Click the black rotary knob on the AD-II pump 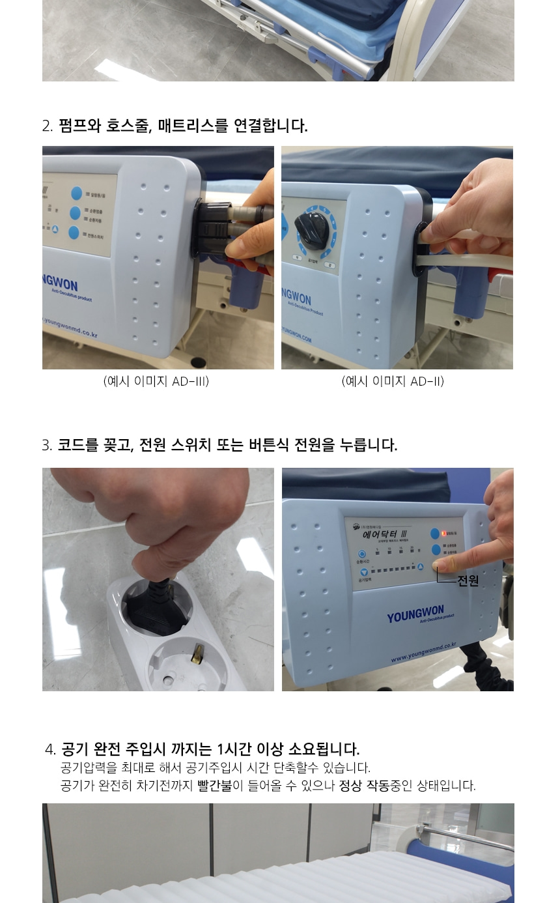point(311,229)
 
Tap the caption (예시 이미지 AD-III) point(156,381)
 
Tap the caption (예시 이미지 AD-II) point(393,381)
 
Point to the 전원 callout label point(468,580)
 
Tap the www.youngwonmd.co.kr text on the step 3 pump point(423,652)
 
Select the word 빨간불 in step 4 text point(215,785)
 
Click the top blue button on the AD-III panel point(77,193)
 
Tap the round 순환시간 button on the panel point(363,554)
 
